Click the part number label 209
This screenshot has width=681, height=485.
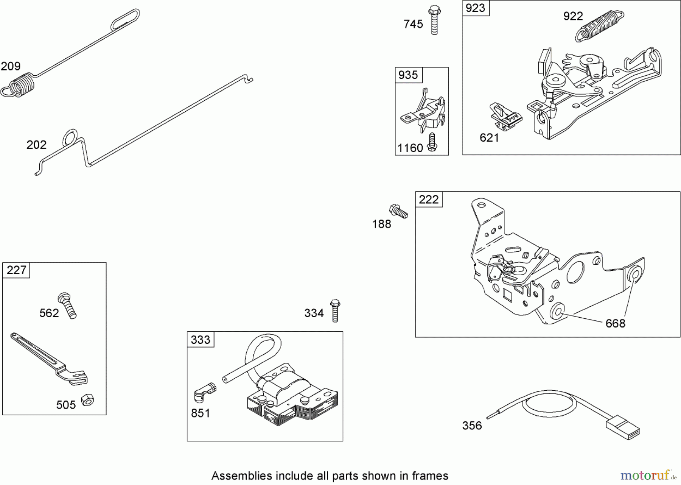(11, 67)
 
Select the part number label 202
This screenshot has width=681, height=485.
(36, 145)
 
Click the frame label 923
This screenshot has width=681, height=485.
(476, 8)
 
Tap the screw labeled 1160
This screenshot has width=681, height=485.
(432, 142)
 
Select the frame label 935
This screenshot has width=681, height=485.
(408, 75)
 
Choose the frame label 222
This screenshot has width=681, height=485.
(429, 200)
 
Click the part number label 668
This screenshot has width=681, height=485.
(615, 323)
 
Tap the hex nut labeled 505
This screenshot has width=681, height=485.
(88, 399)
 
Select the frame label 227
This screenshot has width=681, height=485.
(16, 270)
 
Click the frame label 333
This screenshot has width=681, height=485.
(201, 340)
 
